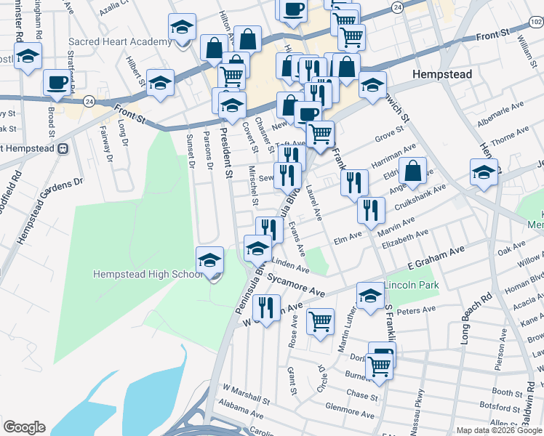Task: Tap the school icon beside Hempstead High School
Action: (210, 260)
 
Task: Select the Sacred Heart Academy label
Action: (121, 42)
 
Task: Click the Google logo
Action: (24, 427)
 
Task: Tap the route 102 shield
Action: (536, 23)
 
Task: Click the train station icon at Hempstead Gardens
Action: (63, 149)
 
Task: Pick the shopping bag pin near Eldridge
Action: (412, 171)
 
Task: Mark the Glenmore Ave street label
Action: (349, 411)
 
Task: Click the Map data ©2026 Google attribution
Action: (497, 430)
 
